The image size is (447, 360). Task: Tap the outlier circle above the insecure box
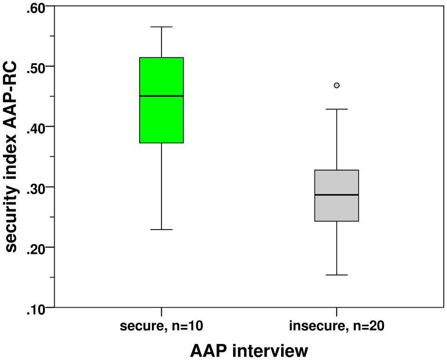(x=337, y=85)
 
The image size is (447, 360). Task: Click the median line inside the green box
(x=161, y=96)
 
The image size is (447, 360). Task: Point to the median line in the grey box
(x=336, y=194)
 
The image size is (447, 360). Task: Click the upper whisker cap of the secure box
(x=161, y=27)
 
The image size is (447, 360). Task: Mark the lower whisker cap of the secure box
(x=161, y=230)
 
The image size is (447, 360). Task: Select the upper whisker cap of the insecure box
(x=336, y=109)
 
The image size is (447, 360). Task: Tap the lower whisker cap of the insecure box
(x=336, y=275)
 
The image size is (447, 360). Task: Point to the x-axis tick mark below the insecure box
(x=336, y=311)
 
